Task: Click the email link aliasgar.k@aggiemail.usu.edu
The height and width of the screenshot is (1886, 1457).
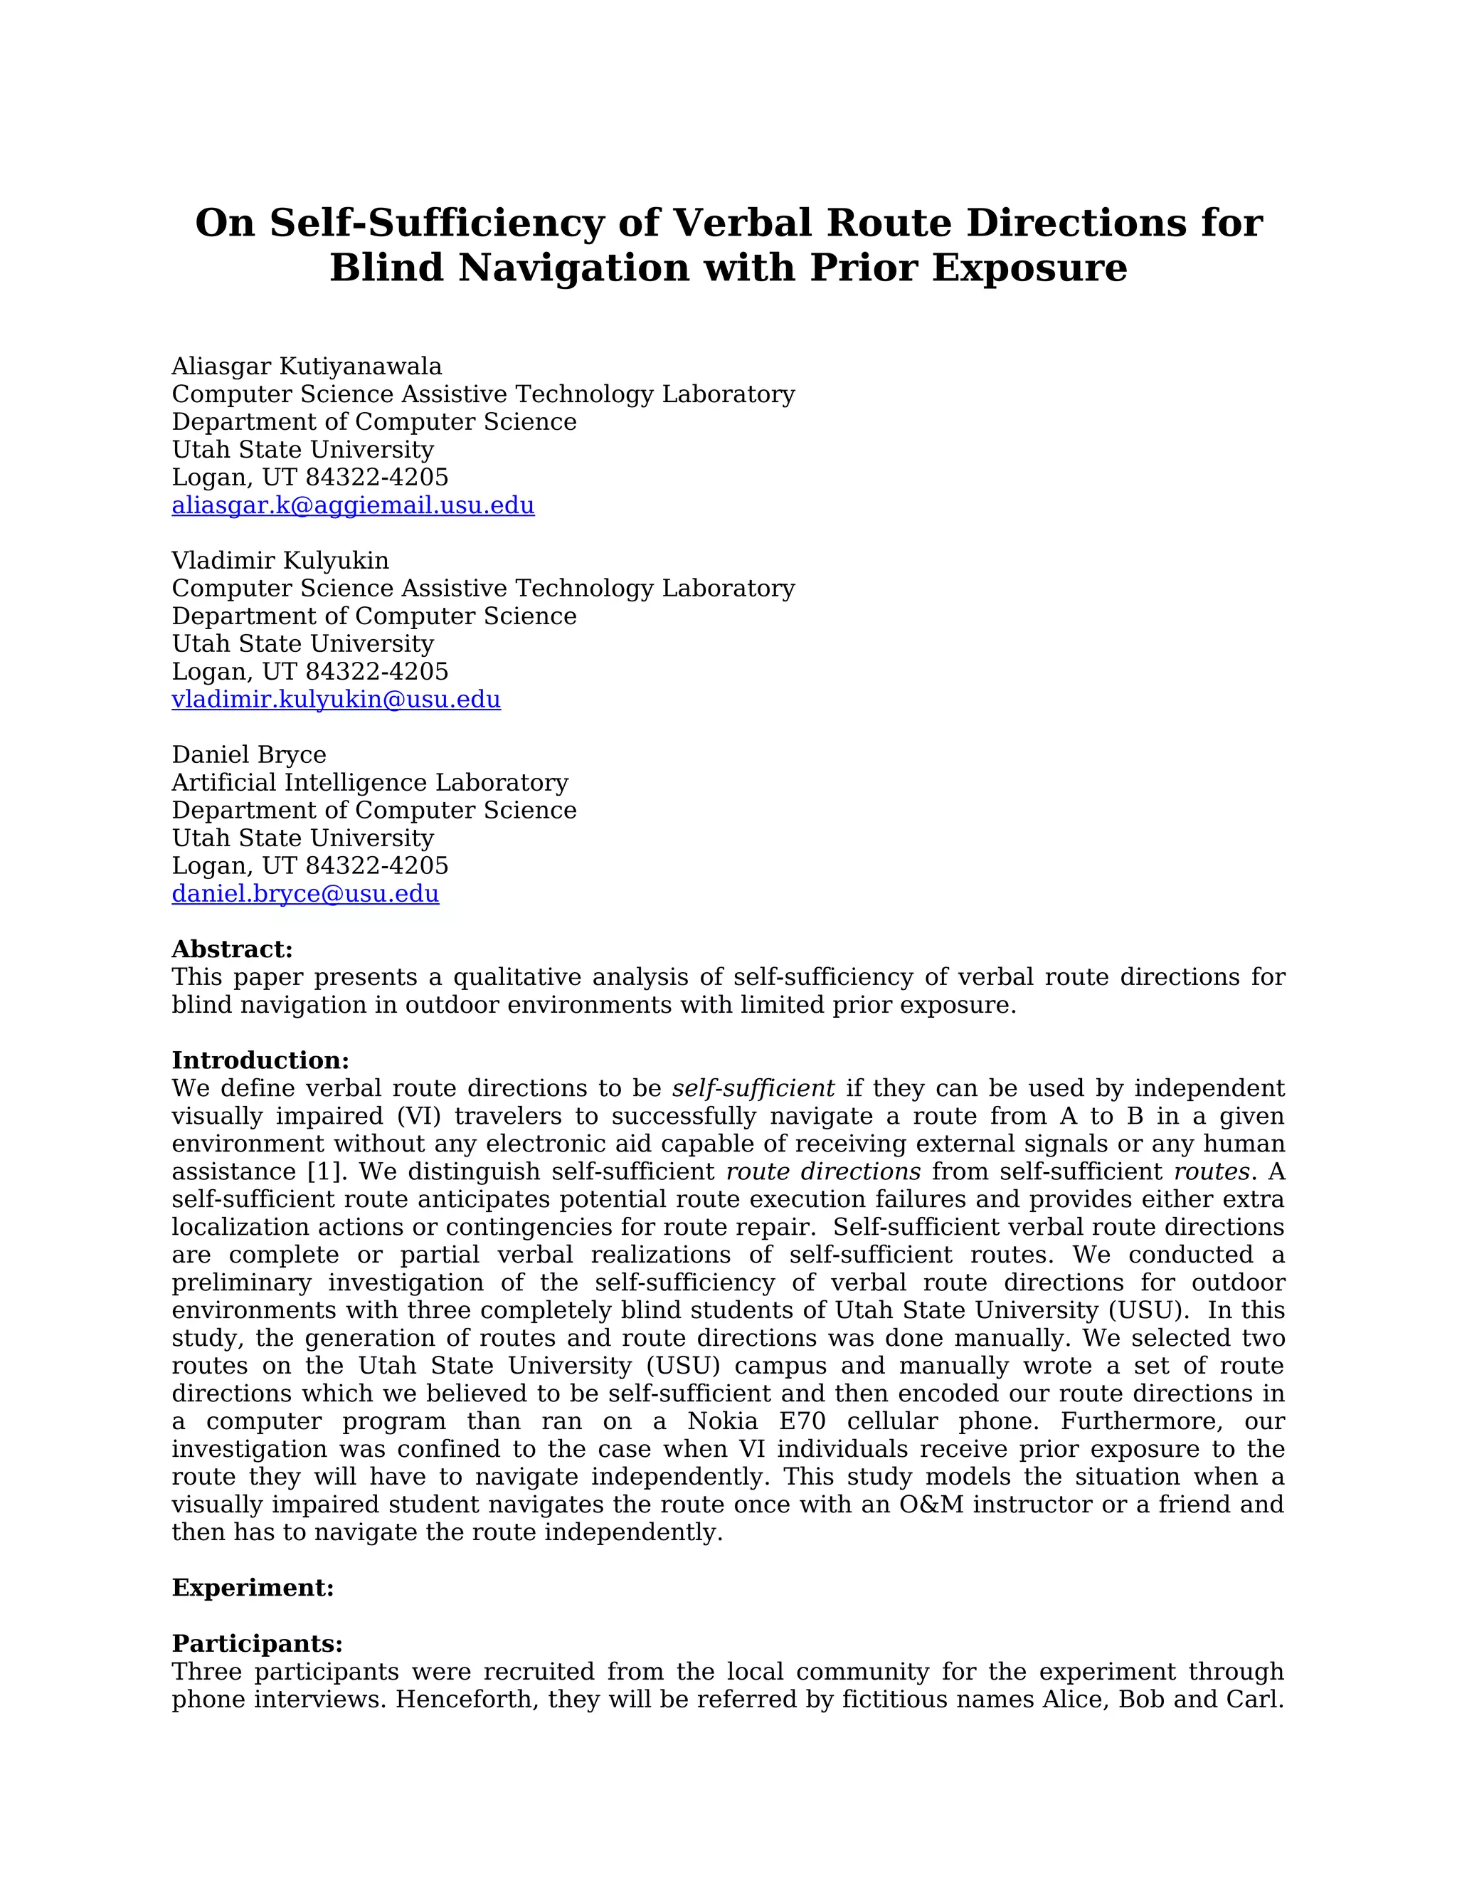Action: point(353,505)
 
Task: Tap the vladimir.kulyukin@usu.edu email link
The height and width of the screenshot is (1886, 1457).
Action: point(336,700)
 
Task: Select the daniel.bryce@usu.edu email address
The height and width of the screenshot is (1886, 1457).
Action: point(305,894)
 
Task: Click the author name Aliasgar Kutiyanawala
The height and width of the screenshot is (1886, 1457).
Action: point(307,366)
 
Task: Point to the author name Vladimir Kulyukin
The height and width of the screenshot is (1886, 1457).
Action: point(280,560)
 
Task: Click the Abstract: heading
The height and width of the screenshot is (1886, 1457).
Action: point(232,949)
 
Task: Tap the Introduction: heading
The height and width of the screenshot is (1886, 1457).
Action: point(260,1060)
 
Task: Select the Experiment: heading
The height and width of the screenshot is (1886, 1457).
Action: point(253,1588)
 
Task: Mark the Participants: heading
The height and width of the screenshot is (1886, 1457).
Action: point(258,1643)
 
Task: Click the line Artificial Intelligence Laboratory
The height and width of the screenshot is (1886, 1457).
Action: point(370,782)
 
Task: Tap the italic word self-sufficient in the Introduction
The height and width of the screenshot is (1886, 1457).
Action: point(753,1088)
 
